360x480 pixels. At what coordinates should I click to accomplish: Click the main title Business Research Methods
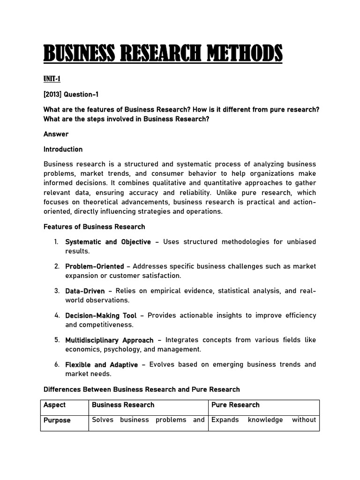coord(163,53)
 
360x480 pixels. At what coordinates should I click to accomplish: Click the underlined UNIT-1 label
coord(52,79)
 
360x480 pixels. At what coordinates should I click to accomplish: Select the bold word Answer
coord(56,134)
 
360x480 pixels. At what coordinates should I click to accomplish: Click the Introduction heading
coord(63,150)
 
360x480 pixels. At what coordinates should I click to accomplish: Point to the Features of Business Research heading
coord(94,226)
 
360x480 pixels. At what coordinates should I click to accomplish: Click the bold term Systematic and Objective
coord(108,242)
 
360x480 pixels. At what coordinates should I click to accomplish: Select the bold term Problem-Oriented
coord(94,266)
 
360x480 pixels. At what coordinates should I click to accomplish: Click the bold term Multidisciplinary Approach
coord(109,340)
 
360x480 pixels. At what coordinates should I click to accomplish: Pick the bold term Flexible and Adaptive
coord(101,364)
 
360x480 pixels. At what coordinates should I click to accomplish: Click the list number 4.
coord(56,315)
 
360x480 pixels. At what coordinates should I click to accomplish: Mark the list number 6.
coord(56,364)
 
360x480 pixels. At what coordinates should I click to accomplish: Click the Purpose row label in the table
coord(57,420)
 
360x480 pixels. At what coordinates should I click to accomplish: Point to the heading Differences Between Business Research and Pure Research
coord(142,390)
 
